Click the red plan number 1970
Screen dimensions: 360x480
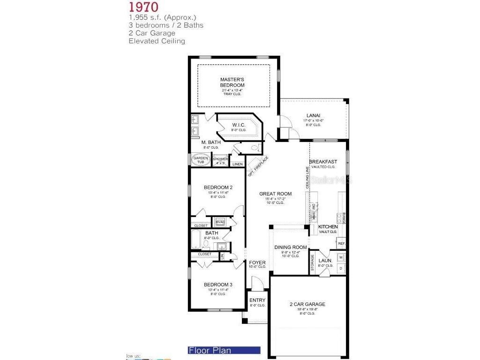point(143,7)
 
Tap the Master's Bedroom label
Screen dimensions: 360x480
point(232,82)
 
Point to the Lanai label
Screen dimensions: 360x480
point(313,115)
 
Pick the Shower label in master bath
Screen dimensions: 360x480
point(220,159)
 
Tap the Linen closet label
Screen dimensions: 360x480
point(237,164)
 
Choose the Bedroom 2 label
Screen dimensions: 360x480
point(218,187)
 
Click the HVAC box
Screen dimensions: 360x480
point(220,222)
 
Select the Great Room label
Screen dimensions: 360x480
point(276,194)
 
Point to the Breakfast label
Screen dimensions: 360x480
point(323,162)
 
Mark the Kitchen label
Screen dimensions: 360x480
point(328,227)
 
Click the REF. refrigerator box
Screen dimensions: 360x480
point(342,244)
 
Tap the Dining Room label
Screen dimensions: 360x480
point(291,247)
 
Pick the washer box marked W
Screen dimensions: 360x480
point(341,257)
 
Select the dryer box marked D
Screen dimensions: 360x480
point(341,268)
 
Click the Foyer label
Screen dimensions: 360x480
point(257,262)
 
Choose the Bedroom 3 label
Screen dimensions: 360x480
point(218,285)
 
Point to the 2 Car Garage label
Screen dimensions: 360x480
point(307,304)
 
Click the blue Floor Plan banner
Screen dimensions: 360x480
point(223,350)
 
